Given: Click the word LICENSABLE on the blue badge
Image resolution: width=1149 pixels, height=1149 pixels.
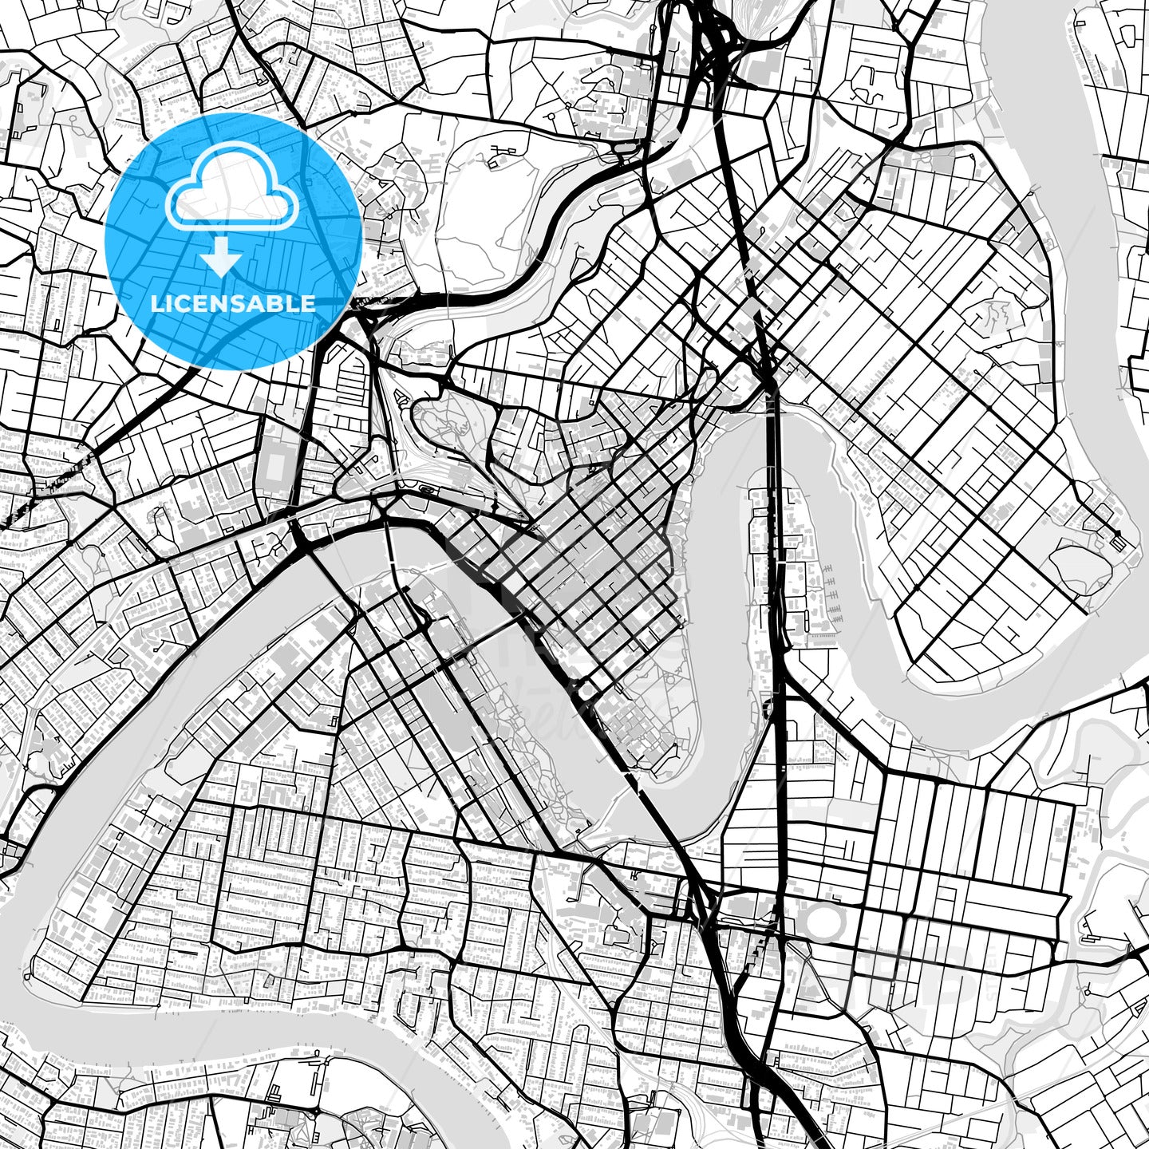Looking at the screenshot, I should point(233,304).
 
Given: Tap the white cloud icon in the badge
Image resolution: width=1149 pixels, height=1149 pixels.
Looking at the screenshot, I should point(231,195).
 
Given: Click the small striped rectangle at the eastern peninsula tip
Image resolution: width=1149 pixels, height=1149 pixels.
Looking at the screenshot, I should point(1119,543).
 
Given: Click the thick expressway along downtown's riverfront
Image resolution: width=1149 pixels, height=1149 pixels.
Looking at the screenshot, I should point(543,638).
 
